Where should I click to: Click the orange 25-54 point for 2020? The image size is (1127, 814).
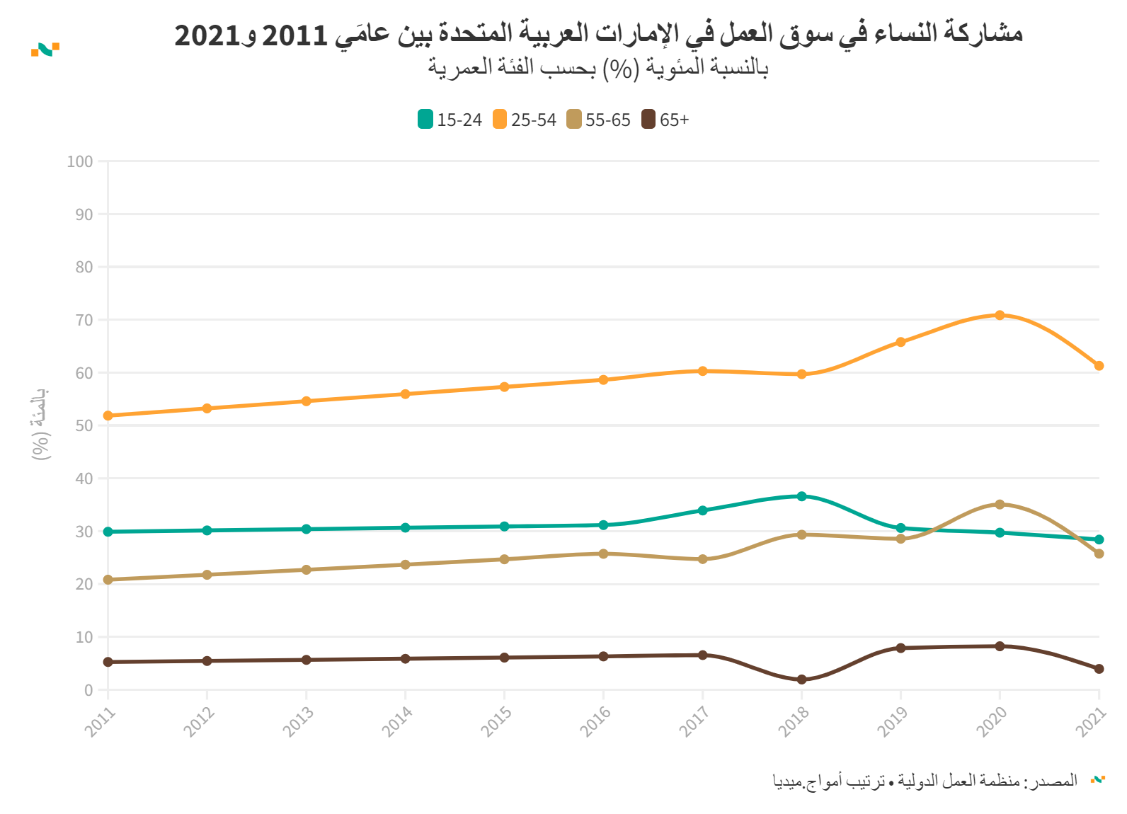[x=1000, y=315]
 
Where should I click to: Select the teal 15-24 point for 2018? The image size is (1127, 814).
[x=801, y=496]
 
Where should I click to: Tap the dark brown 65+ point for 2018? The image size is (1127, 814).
[x=801, y=680]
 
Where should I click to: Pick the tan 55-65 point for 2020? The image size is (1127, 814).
[x=1000, y=505]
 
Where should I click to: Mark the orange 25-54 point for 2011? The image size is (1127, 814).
[x=108, y=415]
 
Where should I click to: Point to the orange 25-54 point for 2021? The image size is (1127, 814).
[x=1099, y=366]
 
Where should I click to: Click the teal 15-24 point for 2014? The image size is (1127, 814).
[x=405, y=528]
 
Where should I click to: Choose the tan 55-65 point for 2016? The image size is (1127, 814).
[x=603, y=554]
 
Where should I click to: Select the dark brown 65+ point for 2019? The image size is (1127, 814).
[x=900, y=648]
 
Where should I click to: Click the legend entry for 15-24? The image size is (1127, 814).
[x=450, y=120]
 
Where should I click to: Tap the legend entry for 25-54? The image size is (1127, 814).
[x=525, y=120]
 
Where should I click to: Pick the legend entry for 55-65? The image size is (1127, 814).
[x=598, y=120]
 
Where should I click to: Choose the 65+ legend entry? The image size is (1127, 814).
[x=665, y=120]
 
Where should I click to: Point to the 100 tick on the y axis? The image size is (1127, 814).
[x=80, y=161]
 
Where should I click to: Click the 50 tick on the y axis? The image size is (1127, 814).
[x=84, y=425]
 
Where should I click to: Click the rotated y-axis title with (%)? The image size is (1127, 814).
[x=40, y=424]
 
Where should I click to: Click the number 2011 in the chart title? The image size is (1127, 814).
[x=295, y=34]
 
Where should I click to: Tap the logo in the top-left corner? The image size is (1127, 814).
[x=45, y=49]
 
